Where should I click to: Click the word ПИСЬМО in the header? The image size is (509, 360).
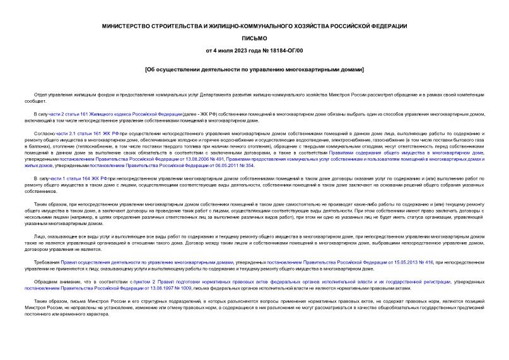[x=254, y=37]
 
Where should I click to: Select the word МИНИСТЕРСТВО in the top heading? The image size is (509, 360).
[x=128, y=26]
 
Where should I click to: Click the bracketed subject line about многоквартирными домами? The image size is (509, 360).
[x=254, y=69]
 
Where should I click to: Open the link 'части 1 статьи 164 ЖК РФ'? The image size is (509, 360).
[x=78, y=179]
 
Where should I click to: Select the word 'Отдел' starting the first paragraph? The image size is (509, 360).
[x=41, y=95]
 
